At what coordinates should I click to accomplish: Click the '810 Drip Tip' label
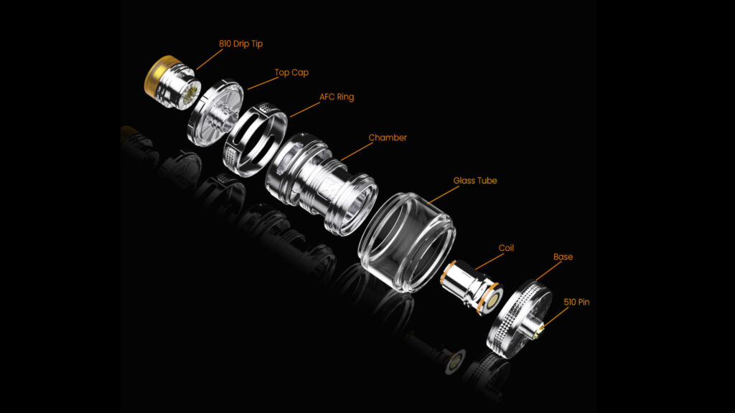point(240,44)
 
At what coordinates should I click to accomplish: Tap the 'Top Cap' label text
point(291,72)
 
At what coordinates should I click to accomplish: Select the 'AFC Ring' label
point(337,97)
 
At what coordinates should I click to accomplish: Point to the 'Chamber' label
point(388,138)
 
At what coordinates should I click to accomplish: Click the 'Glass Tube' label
point(475,181)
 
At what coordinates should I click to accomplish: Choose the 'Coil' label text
point(506,247)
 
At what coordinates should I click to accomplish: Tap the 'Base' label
point(563,257)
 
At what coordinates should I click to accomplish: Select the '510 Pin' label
point(576,302)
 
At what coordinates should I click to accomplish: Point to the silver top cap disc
point(215,113)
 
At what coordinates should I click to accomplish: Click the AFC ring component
point(255,140)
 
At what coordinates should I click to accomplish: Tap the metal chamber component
point(321,184)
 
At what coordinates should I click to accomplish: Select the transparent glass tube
point(406,242)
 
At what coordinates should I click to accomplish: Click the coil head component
point(471,288)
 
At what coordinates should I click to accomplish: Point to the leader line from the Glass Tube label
point(444,195)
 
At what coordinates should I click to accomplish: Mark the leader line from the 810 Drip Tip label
point(210,60)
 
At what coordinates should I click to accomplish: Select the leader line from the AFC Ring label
point(304,110)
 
